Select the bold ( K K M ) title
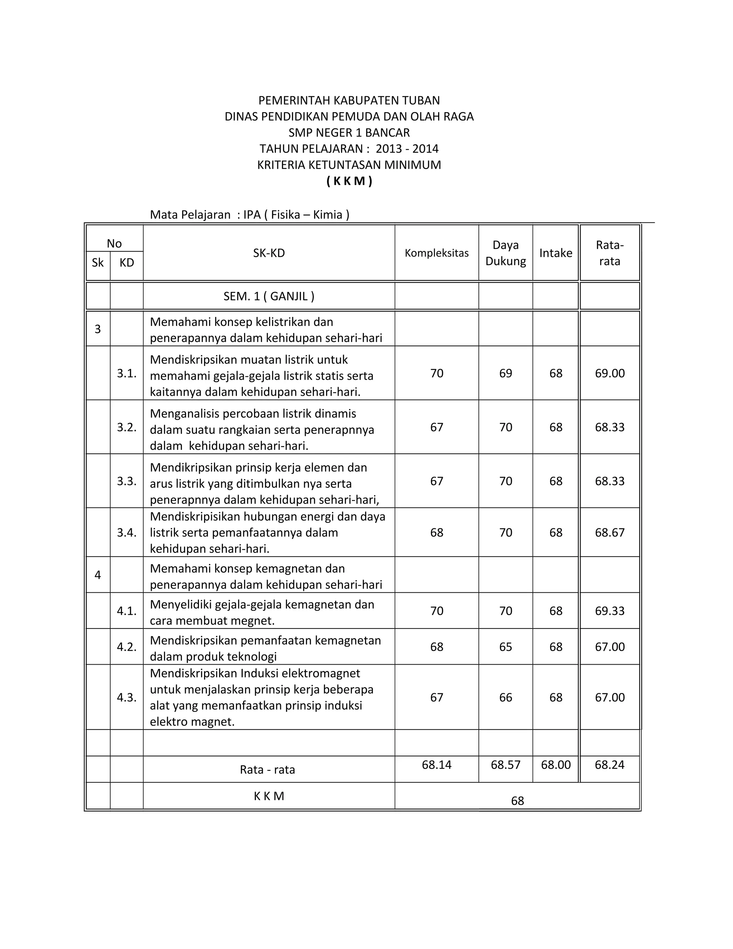pyautogui.click(x=349, y=181)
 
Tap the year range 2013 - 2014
pyautogui.click(x=407, y=149)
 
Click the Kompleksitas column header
pyautogui.click(x=436, y=253)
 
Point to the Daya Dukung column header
pyautogui.click(x=505, y=253)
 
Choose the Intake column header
pyautogui.click(x=555, y=253)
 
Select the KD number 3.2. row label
pyautogui.click(x=126, y=427)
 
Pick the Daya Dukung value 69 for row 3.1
pyautogui.click(x=505, y=373)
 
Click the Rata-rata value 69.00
pyautogui.click(x=609, y=373)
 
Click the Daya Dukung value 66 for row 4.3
pyautogui.click(x=505, y=697)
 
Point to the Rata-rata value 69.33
pyautogui.click(x=609, y=611)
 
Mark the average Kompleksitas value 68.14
pyautogui.click(x=436, y=765)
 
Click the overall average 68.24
pyautogui.click(x=609, y=765)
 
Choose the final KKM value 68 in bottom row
pyautogui.click(x=517, y=801)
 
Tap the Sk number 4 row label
pyautogui.click(x=98, y=575)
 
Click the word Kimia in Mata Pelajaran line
pyautogui.click(x=328, y=215)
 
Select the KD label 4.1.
pyautogui.click(x=126, y=611)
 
